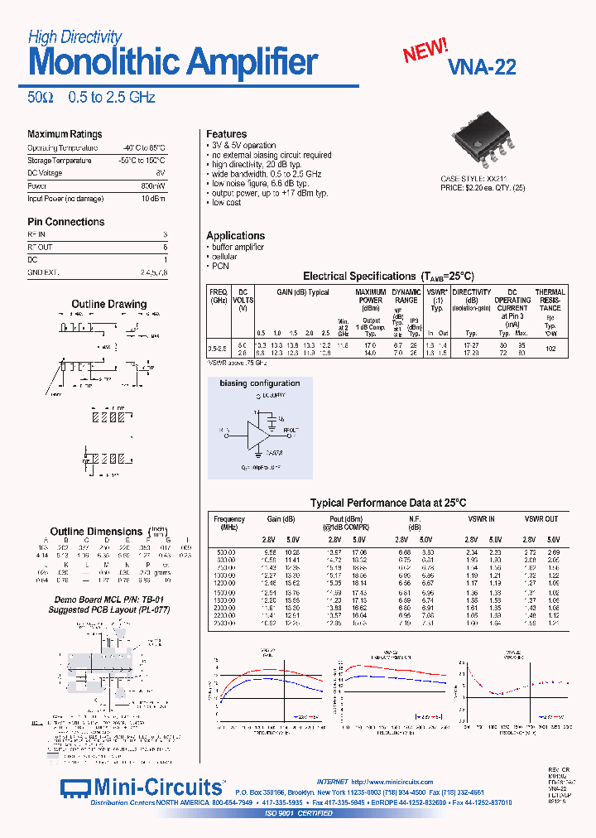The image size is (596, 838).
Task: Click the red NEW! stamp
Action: [425, 51]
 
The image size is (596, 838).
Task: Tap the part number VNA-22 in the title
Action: [481, 68]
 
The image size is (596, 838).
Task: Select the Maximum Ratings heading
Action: [65, 134]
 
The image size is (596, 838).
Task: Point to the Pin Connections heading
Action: [66, 222]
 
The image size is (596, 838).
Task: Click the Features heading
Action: [226, 134]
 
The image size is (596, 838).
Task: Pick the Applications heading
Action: [235, 236]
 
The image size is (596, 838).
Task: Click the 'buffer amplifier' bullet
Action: [238, 247]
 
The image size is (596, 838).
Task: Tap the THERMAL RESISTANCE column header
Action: [550, 300]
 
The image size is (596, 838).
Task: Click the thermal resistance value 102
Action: [550, 349]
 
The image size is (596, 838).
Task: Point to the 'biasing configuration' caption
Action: [259, 383]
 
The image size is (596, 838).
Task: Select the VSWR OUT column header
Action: [541, 519]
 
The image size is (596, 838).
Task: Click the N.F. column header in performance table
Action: [416, 519]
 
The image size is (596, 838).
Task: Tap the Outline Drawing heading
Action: [108, 305]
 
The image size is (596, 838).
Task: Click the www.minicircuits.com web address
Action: [392, 782]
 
